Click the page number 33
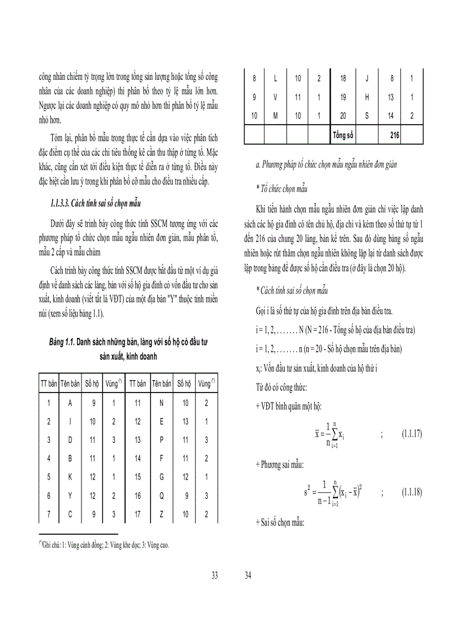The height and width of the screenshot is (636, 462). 215,575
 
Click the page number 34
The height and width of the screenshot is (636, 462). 248,575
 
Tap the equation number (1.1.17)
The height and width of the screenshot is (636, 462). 412,433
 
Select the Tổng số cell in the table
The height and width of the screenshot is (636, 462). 342,135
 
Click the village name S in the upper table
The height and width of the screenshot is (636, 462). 367,116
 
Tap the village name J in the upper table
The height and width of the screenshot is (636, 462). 367,78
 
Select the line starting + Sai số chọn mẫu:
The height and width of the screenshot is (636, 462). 280,523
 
